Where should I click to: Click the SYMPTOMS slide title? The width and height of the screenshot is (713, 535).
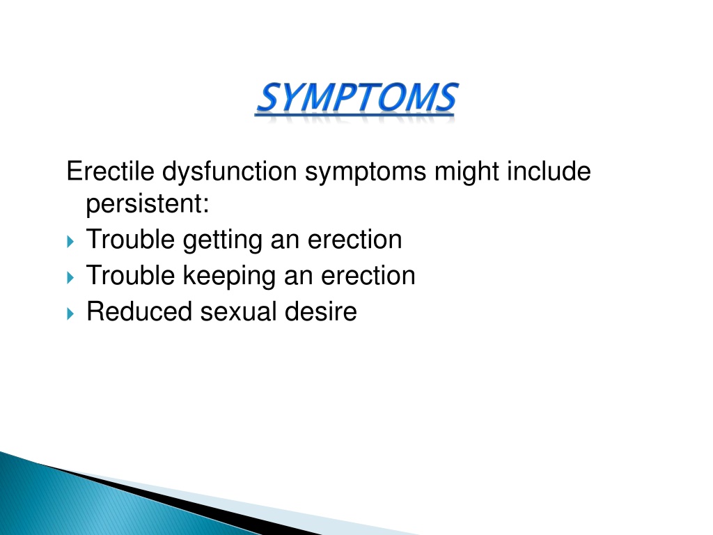357,98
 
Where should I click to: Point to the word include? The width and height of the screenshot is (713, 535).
549,171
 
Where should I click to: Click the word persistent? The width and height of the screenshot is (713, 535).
148,204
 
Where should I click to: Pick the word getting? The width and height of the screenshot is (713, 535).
223,240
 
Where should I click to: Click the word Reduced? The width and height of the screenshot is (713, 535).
139,311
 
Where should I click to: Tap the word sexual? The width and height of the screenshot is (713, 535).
238,311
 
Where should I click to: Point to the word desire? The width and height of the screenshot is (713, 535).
320,311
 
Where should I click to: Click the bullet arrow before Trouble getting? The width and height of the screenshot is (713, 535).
70,241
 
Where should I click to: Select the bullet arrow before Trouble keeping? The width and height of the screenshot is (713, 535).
70,277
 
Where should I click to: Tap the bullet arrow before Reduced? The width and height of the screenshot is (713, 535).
70,313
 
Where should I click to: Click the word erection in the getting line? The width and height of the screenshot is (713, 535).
354,240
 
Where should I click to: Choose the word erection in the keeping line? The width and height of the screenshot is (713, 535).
368,276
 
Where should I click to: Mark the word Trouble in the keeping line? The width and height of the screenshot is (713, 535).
130,276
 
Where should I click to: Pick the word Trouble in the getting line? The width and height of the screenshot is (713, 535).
130,240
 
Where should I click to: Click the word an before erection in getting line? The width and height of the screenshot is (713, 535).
285,242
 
